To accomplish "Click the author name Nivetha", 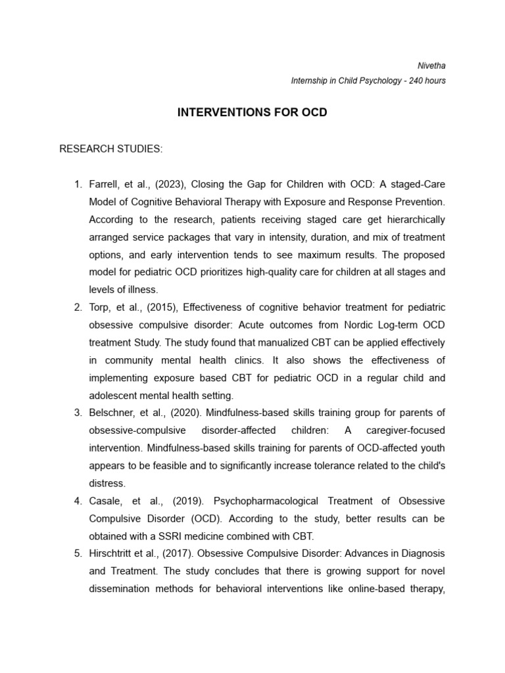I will [x=432, y=66].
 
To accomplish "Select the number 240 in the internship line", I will [x=415, y=81].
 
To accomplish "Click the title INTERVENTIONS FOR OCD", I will [x=252, y=112].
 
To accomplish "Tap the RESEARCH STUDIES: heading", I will [x=110, y=149].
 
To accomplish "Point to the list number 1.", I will [x=77, y=184].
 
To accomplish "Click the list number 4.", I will [x=77, y=501].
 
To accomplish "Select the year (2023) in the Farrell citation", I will [x=168, y=184].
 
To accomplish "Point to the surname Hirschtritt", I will [x=116, y=554].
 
